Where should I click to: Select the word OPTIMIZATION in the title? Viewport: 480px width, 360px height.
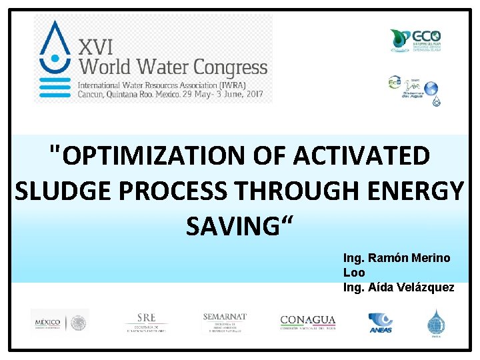[x=155, y=156]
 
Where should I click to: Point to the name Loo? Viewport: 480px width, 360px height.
[x=354, y=273]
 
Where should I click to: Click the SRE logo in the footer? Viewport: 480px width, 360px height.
[x=146, y=322]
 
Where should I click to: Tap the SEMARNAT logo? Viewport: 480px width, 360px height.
[x=225, y=322]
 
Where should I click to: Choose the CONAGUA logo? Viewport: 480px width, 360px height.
[x=307, y=323]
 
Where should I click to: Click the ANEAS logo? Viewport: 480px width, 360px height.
[x=381, y=323]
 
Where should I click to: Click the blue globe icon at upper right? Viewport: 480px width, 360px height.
[x=431, y=88]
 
